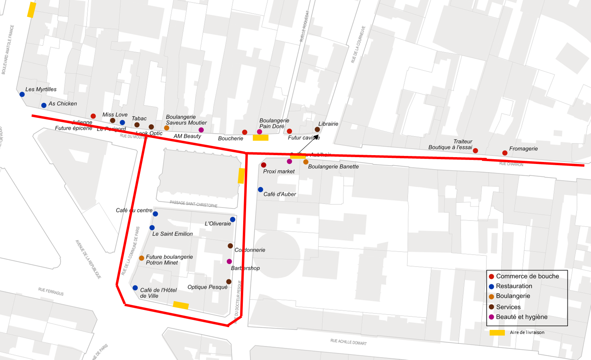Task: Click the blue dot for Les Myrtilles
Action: pyautogui.click(x=22, y=95)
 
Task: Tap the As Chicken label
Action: pyautogui.click(x=63, y=104)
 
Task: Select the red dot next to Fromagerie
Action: pyautogui.click(x=505, y=153)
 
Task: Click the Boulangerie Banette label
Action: pyautogui.click(x=333, y=167)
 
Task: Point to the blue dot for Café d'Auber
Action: pyautogui.click(x=260, y=190)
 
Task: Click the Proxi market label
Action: pyautogui.click(x=279, y=172)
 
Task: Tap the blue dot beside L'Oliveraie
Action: pyautogui.click(x=233, y=220)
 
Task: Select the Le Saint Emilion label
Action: pyautogui.click(x=172, y=234)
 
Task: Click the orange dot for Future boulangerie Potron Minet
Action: pyautogui.click(x=141, y=258)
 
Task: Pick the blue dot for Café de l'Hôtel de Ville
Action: pyautogui.click(x=135, y=288)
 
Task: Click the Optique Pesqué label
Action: pyautogui.click(x=207, y=287)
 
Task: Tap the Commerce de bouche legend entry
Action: pyautogui.click(x=527, y=277)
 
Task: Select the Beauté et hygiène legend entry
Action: pyautogui.click(x=522, y=317)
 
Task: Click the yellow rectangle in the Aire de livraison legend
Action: pyautogui.click(x=497, y=333)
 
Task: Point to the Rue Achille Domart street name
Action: pyautogui.click(x=348, y=342)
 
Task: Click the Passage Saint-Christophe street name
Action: pyautogui.click(x=194, y=204)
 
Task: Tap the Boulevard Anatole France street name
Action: pyautogui.click(x=8, y=50)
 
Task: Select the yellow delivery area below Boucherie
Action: pyautogui.click(x=260, y=138)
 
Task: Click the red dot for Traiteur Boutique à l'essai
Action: pyautogui.click(x=476, y=151)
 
